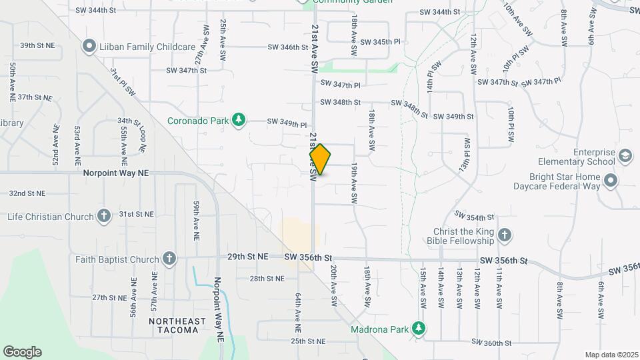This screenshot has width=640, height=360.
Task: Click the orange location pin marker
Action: pyautogui.click(x=320, y=159)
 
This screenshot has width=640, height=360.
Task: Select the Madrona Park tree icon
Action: pyautogui.click(x=418, y=328)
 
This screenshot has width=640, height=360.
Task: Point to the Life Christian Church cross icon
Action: pyautogui.click(x=103, y=216)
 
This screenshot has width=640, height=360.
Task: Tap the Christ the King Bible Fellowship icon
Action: pyautogui.click(x=505, y=235)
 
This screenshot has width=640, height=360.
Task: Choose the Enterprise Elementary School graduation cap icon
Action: pyautogui.click(x=626, y=156)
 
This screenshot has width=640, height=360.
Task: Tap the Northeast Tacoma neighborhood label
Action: pyautogui.click(x=177, y=327)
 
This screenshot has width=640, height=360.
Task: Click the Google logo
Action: pyautogui.click(x=22, y=352)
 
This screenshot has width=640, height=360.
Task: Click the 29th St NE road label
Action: pyautogui.click(x=247, y=257)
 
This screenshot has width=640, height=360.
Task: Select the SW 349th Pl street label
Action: pyautogui.click(x=287, y=123)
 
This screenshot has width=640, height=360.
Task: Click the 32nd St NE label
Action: pyautogui.click(x=27, y=193)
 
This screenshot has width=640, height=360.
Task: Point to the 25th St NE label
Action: pyautogui.click(x=307, y=341)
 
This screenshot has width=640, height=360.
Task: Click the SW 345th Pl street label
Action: pyautogui.click(x=380, y=41)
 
